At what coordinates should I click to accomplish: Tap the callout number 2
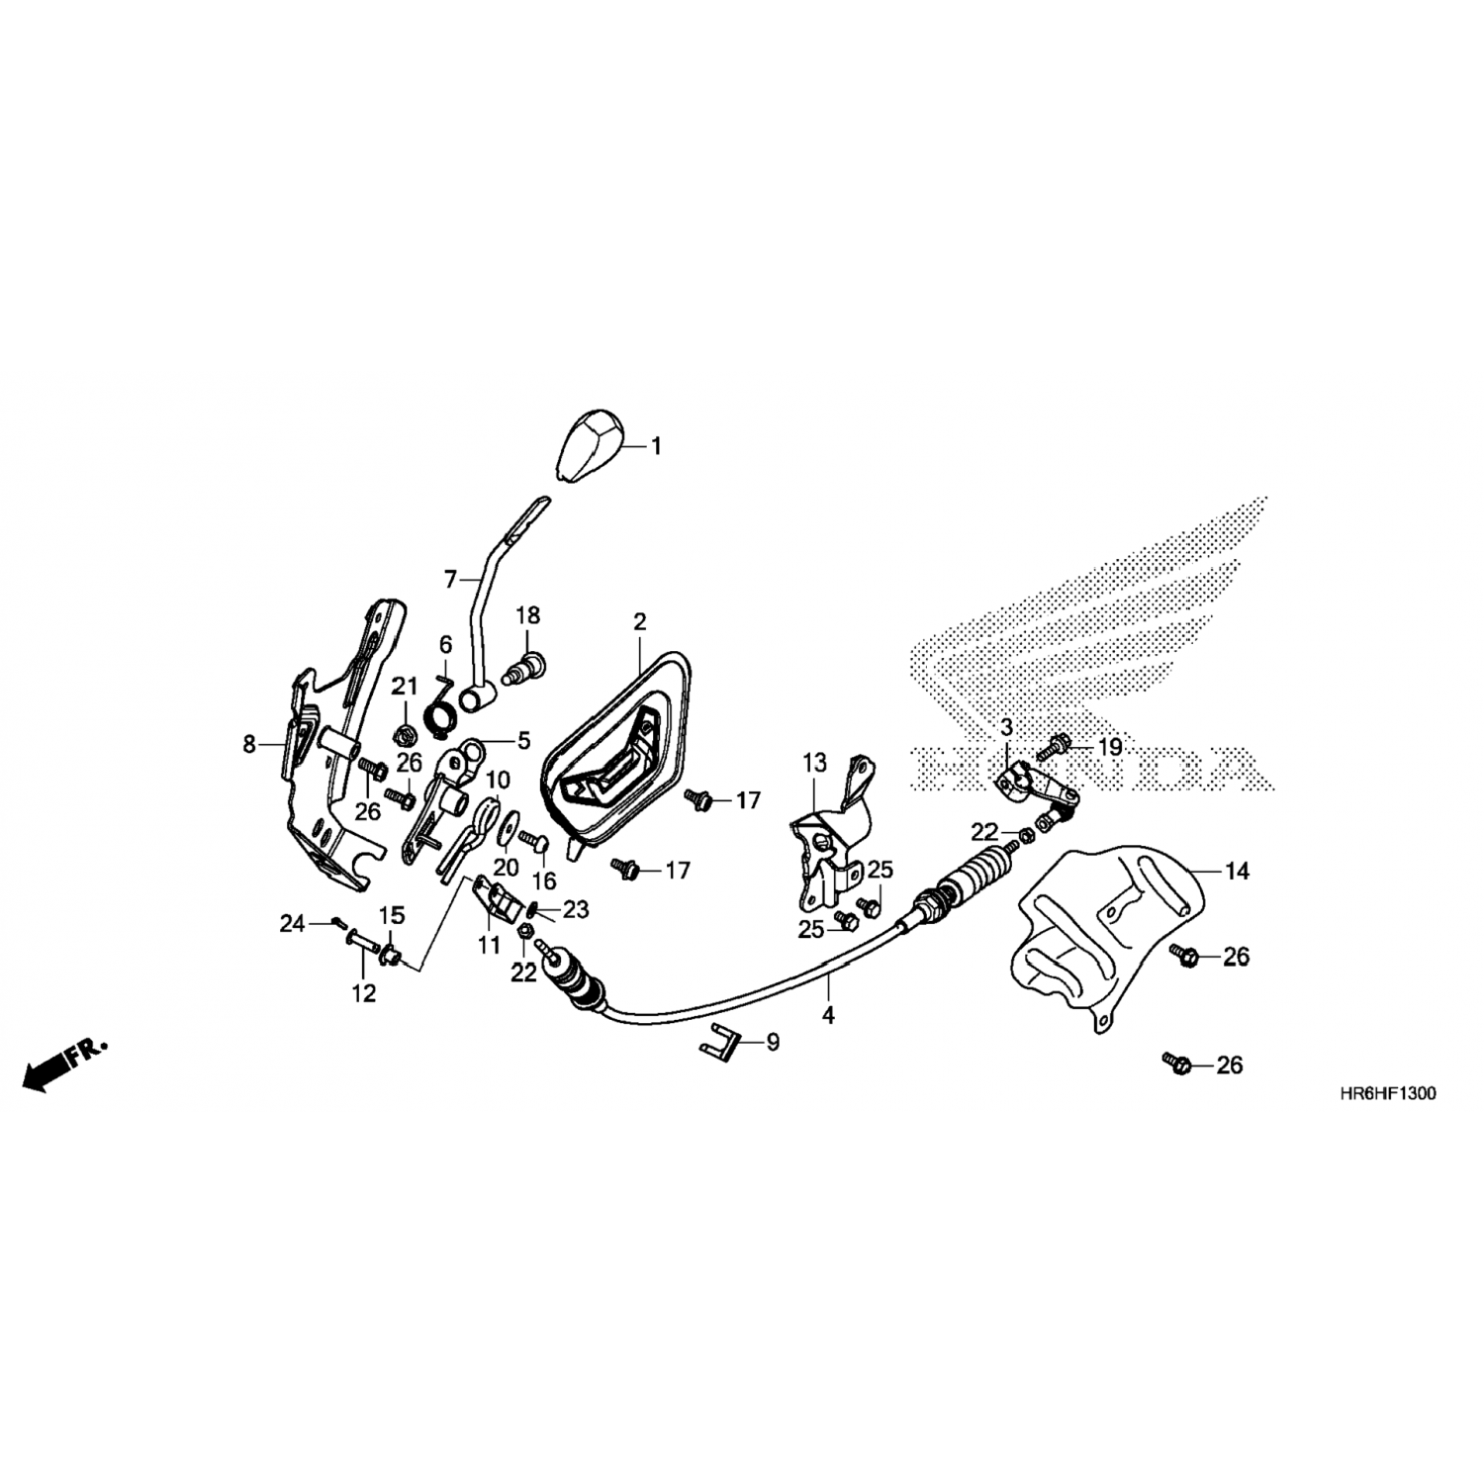coord(639,622)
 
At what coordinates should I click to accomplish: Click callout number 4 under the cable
coord(828,1015)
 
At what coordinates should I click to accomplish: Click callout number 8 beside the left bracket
coord(249,744)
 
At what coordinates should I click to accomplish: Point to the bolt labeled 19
coord(1053,747)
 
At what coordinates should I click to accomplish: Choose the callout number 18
coord(527,615)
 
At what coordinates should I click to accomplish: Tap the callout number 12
coord(364,992)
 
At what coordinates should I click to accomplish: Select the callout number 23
coord(576,908)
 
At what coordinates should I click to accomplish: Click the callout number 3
coord(1006,728)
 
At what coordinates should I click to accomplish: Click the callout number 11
coord(490,946)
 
